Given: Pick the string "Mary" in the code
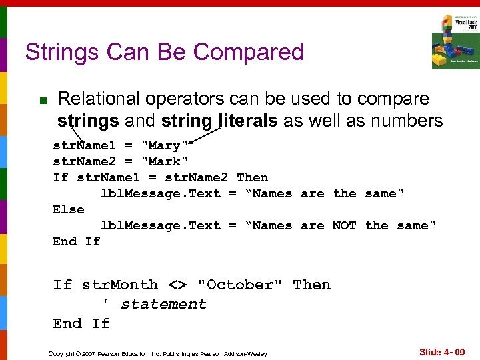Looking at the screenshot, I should point(164,145).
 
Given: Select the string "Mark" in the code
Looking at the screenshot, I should point(164,161).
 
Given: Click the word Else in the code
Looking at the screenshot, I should point(69,209).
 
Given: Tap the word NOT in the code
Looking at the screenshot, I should point(344,225).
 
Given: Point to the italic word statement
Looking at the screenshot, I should point(163,304).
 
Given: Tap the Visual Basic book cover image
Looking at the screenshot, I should point(455,41).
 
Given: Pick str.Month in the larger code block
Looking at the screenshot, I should point(120,285).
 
